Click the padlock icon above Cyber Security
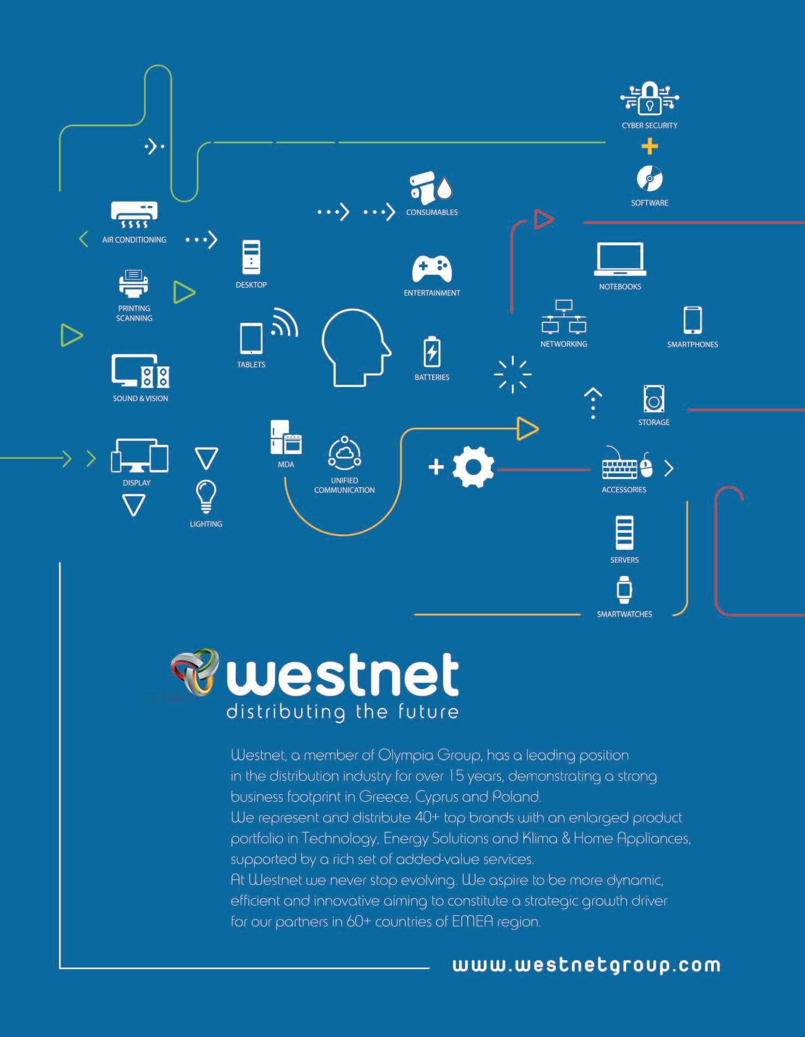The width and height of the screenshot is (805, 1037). [650, 99]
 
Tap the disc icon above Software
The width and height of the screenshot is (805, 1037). [649, 179]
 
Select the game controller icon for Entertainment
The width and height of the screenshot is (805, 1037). [431, 268]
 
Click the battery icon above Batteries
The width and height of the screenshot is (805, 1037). [432, 352]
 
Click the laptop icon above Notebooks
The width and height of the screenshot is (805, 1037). [620, 259]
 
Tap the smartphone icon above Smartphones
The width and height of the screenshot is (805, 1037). [692, 320]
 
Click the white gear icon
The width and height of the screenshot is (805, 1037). [473, 467]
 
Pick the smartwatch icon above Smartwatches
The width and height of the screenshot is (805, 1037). [624, 590]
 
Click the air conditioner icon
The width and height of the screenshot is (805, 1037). [134, 215]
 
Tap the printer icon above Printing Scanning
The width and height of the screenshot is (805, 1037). [134, 284]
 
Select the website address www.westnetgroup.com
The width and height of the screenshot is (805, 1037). [586, 965]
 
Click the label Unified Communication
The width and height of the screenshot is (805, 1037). [344, 485]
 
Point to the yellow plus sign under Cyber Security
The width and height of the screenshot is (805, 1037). [650, 146]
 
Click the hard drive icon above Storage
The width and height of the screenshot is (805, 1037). [653, 399]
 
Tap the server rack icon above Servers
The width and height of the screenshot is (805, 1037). [624, 532]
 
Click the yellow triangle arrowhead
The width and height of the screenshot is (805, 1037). [527, 428]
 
